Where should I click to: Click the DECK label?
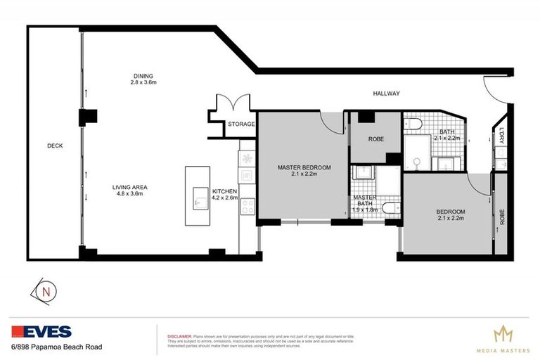(55, 146)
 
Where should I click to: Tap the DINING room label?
(143, 76)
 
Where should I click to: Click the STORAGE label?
(241, 124)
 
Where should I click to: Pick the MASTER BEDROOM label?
(304, 167)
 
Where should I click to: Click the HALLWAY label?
(386, 94)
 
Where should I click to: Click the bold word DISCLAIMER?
(176, 335)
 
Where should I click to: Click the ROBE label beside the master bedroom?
(376, 139)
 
